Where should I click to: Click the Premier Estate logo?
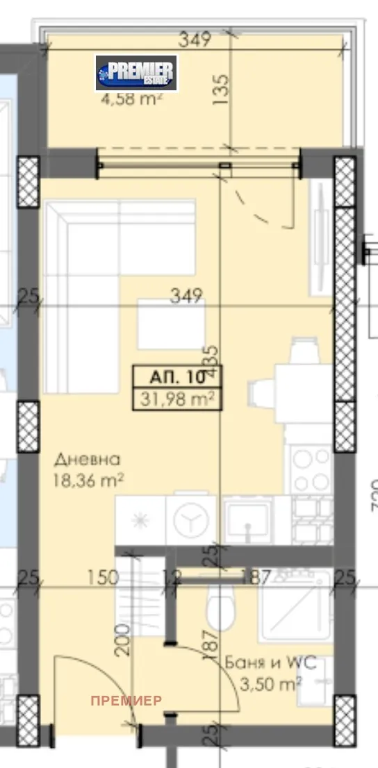pyautogui.click(x=137, y=73)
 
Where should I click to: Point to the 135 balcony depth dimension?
pyautogui.click(x=222, y=88)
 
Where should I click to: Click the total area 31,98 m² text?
pyautogui.click(x=176, y=399)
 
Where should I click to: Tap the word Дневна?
pyautogui.click(x=88, y=459)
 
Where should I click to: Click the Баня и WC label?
pyautogui.click(x=270, y=662)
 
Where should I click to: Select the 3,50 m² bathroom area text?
pyautogui.click(x=276, y=683)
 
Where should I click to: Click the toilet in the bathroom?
pyautogui.click(x=219, y=608)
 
